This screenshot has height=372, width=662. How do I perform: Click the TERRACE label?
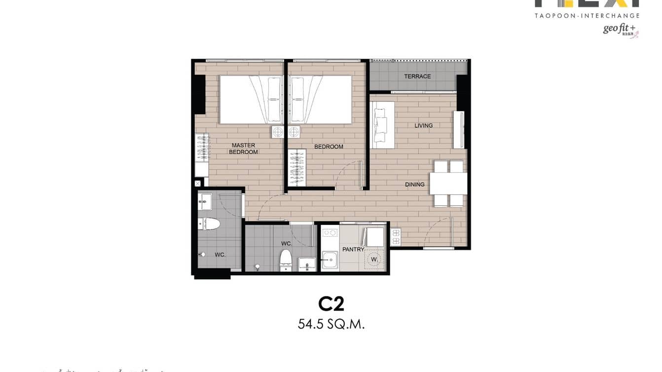pyautogui.click(x=417, y=76)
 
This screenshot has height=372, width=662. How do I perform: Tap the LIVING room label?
pyautogui.click(x=423, y=126)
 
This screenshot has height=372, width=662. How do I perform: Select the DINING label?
pyautogui.click(x=414, y=185)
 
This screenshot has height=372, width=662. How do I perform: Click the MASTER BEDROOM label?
pyautogui.click(x=243, y=149)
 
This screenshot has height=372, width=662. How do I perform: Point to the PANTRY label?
pyautogui.click(x=353, y=250)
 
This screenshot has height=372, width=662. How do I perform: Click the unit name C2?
pyautogui.click(x=331, y=304)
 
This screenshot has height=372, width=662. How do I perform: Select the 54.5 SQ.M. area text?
pyautogui.click(x=331, y=324)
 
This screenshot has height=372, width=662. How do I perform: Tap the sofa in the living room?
pyautogui.click(x=382, y=125)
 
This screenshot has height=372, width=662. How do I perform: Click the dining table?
pyautogui.click(x=448, y=184)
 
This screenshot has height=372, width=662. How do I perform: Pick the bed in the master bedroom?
pyautogui.click(x=251, y=99)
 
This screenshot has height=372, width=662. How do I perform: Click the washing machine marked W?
pyautogui.click(x=374, y=259)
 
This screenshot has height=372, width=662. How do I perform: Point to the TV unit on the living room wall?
pyautogui.click(x=459, y=129)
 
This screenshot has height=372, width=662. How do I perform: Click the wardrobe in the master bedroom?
pyautogui.click(x=202, y=155)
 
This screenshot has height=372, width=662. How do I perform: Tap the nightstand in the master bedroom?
pyautogui.click(x=277, y=132)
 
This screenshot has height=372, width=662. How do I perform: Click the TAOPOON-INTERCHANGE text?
pyautogui.click(x=587, y=16)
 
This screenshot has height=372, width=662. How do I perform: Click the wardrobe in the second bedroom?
pyautogui.click(x=297, y=167)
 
